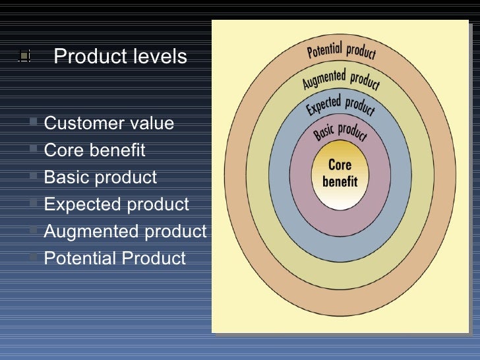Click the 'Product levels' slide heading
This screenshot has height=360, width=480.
tap(120, 57)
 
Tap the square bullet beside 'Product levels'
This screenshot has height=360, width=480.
tap(24, 57)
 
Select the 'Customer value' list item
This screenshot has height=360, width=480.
tap(109, 123)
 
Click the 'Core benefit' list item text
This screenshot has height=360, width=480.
tap(94, 150)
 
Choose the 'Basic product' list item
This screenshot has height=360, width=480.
tap(100, 177)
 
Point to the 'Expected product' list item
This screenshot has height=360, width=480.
tap(116, 204)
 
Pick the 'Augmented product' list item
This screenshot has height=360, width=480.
tap(125, 231)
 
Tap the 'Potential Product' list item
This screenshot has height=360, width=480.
tap(115, 258)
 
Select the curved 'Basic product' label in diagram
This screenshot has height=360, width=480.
tap(340, 129)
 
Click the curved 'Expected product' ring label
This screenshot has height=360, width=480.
tap(340, 105)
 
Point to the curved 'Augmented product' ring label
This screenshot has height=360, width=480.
tap(341, 80)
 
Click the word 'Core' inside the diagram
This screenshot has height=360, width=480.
tap(340, 165)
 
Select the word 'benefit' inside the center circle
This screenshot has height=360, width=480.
tap(340, 180)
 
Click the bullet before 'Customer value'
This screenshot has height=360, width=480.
tap(34, 123)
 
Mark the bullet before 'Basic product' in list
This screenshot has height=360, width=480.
tap(34, 177)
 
